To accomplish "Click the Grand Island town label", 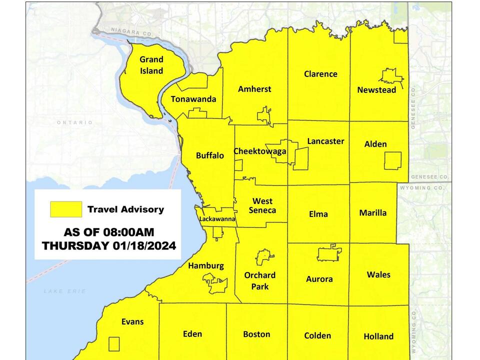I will click(x=151, y=65).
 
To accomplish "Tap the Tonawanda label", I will click(x=193, y=99).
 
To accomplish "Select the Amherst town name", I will click(x=254, y=89).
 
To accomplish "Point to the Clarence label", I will click(x=320, y=74).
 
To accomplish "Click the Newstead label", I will click(x=376, y=90).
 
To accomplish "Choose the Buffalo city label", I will click(x=210, y=155).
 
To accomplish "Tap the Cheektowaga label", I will click(x=260, y=151).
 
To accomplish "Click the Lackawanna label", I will click(x=217, y=219).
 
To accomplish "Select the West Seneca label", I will click(x=262, y=205).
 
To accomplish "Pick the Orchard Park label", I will click(x=259, y=281).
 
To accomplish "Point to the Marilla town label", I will click(x=373, y=213).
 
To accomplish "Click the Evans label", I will click(x=132, y=321).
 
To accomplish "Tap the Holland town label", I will click(x=378, y=336).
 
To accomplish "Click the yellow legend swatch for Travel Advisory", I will click(x=66, y=209).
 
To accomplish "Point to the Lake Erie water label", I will click(x=64, y=291).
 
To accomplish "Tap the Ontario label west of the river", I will click(x=74, y=122).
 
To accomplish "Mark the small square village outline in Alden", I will click(x=392, y=161).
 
